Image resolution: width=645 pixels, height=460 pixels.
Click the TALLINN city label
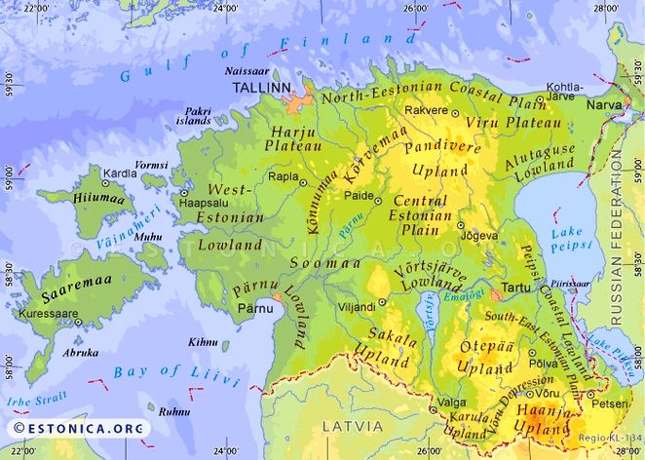[260, 88]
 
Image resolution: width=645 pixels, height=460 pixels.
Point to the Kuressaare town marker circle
[78, 322]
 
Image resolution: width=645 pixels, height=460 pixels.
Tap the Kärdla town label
[121, 173]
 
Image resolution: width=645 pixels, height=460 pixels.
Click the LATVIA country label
[349, 426]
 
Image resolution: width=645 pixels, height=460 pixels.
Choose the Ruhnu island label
[176, 412]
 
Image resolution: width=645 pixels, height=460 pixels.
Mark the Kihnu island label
[203, 343]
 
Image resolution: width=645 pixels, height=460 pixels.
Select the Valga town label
[450, 400]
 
